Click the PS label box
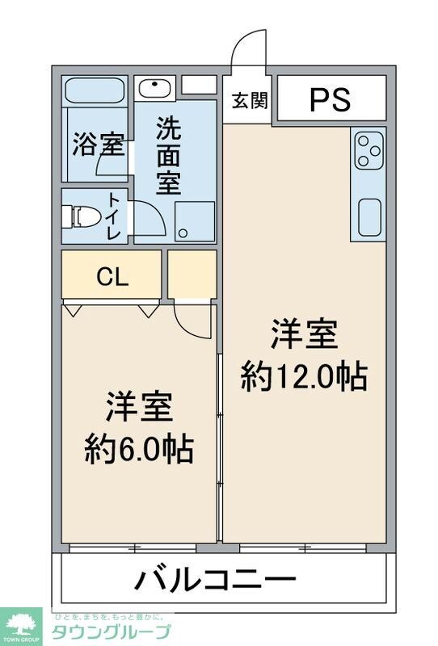click(x=331, y=99)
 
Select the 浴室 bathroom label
click(x=98, y=145)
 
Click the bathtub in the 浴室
click(x=94, y=90)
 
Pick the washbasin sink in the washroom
click(x=151, y=86)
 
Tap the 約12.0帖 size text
click(x=304, y=356)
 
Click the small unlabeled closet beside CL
click(x=192, y=275)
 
